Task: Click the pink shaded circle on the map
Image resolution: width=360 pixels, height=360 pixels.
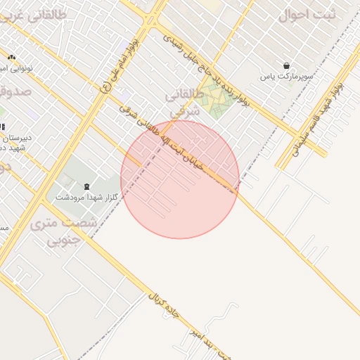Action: click(x=180, y=179)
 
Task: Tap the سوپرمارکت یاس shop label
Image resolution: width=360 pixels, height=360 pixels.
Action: click(x=286, y=76)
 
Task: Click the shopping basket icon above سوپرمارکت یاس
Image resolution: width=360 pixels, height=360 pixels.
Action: click(x=286, y=65)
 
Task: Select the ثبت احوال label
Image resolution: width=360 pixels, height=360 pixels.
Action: click(x=307, y=14)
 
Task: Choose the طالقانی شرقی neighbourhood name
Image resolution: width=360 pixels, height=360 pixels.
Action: click(x=185, y=103)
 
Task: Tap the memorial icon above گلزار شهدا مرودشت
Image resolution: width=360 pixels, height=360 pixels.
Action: click(x=86, y=186)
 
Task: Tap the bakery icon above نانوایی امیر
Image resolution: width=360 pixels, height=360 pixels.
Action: click(x=11, y=56)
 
